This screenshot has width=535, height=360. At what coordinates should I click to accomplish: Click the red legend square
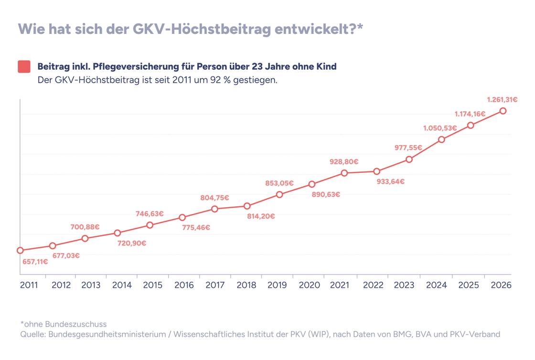point(24,66)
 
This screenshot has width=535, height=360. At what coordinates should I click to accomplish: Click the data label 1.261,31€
point(502,100)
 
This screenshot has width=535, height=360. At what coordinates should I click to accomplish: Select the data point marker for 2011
point(20,250)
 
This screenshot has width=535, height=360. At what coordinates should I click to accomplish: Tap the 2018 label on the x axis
point(247,285)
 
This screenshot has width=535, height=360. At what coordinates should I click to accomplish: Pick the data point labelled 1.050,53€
point(441,139)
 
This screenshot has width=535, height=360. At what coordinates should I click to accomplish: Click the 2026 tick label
point(501,285)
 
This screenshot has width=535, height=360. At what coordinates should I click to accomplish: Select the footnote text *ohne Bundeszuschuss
point(64,324)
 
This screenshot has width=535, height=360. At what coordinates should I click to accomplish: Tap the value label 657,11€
point(35,262)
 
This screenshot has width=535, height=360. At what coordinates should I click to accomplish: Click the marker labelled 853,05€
point(279,194)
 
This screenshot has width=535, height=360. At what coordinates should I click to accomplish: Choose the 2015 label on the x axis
point(153,285)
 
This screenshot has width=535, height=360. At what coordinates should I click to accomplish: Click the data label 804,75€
point(214,198)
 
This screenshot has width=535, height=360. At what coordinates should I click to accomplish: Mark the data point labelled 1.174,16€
point(471,125)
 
